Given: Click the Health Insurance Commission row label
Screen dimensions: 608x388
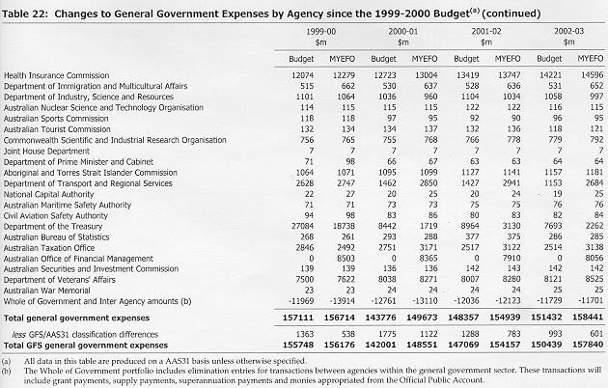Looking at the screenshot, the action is coord(57,75).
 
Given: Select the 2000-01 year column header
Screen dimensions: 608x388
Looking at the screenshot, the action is coord(403,32).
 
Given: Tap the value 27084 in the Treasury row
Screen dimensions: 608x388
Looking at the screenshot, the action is coord(302,226).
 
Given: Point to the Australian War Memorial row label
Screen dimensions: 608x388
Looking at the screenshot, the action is coord(47,291).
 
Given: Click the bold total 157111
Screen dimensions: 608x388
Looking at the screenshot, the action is coord(298,318).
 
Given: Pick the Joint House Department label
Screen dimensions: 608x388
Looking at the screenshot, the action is coord(46,152).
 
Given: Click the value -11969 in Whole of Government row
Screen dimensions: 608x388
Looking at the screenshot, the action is coord(301,301).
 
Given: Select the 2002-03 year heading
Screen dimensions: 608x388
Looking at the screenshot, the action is coord(568,32).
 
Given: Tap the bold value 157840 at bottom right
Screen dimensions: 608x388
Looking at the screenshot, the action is coord(588,345).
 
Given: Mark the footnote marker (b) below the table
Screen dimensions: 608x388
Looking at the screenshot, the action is coord(6,372).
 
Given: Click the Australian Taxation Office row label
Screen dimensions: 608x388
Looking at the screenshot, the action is coord(49,248).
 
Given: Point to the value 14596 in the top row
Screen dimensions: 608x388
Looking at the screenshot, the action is coord(593,75).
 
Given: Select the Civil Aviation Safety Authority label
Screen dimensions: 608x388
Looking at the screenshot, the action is coord(55,216).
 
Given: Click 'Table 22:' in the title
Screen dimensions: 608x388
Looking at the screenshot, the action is coord(25,14).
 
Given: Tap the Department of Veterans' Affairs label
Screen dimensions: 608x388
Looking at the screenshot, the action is coord(60,280).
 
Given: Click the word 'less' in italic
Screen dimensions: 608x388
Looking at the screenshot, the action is coord(19,335).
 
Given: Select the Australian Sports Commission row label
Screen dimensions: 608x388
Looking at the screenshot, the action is coord(56,119).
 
